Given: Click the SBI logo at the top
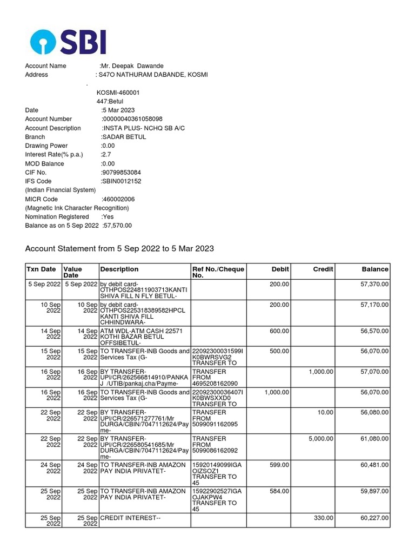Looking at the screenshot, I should (68, 41).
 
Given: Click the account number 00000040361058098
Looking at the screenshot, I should (132, 119).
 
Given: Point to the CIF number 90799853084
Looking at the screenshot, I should (122, 173).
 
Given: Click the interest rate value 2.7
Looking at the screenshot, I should (106, 155).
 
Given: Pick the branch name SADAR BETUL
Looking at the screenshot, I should (124, 137).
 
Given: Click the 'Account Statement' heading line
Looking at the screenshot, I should (120, 249).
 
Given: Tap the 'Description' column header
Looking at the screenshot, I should (119, 269).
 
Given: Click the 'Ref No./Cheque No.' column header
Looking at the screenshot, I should (218, 272).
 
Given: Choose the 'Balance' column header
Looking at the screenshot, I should (375, 269).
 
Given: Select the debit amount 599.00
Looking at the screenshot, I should (279, 465).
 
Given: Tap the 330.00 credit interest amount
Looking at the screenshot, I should (324, 518).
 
